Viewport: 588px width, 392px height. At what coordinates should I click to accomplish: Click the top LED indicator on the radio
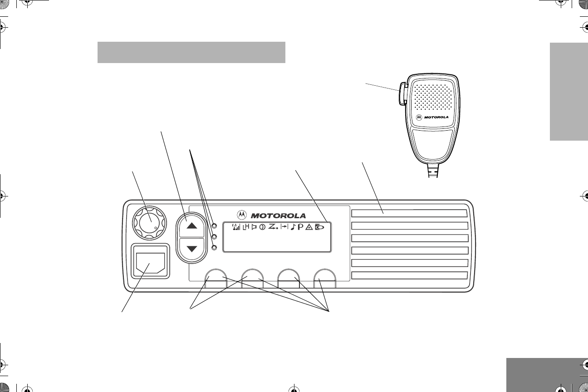(215, 225)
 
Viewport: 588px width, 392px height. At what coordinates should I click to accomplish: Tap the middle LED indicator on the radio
(215, 236)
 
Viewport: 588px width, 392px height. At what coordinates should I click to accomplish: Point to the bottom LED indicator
(215, 247)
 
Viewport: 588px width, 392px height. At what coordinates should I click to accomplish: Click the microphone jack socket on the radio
(150, 262)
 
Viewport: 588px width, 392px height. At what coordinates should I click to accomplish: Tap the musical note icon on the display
(293, 228)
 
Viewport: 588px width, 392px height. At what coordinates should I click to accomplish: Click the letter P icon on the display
(301, 228)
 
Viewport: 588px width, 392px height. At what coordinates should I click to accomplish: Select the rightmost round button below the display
(325, 278)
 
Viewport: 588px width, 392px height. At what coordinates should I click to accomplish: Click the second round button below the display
(252, 278)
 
